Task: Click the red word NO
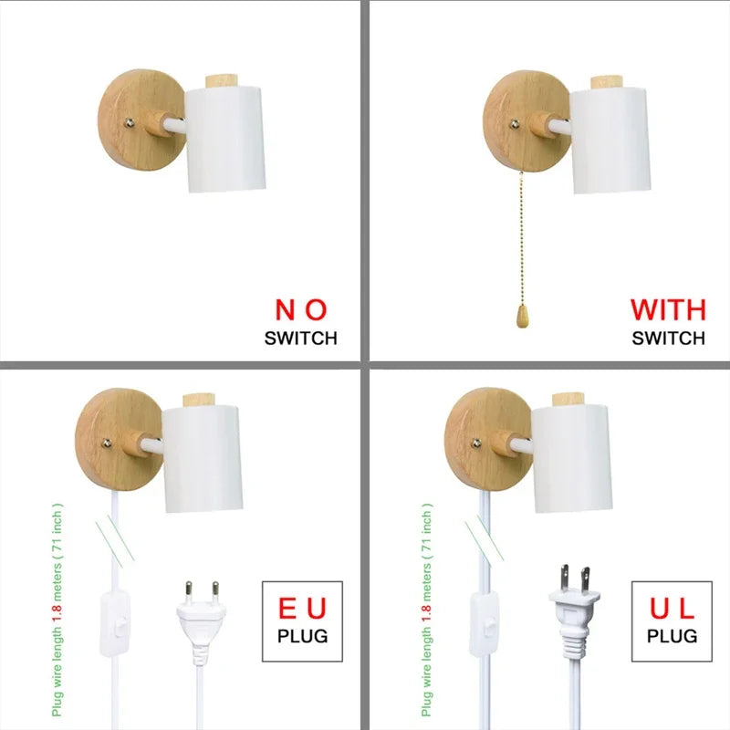pos(301,310)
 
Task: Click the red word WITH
pos(668,310)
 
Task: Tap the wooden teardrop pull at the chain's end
pos(522,316)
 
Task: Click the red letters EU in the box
pos(302,608)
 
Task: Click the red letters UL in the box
pos(672,608)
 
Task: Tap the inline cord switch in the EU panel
pos(113,624)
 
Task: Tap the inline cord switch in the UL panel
pos(483,624)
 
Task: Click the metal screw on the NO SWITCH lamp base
pos(130,123)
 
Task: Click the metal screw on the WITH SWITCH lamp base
pos(515,124)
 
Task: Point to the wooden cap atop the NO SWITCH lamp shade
pos(223,80)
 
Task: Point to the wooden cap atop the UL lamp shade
pos(568,400)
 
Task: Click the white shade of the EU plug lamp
pos(202,459)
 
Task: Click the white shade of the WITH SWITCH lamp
pos(610,141)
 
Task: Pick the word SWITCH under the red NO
pos(301,339)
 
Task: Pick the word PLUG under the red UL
pos(672,636)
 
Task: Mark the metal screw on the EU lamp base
pos(107,443)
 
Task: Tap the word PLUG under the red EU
pos(302,636)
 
